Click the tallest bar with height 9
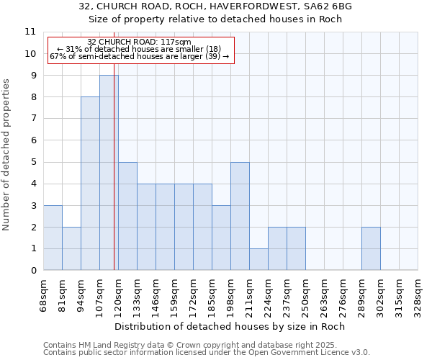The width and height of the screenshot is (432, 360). [x=109, y=173]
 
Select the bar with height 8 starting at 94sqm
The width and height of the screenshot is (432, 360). [x=90, y=184]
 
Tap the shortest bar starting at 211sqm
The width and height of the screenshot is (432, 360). [x=258, y=259]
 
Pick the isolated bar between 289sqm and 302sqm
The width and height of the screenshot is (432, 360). [x=371, y=248]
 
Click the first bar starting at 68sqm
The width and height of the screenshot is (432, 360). [x=53, y=238]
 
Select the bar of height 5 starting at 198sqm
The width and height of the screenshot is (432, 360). [x=240, y=216]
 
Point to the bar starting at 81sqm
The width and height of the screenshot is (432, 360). [x=71, y=248]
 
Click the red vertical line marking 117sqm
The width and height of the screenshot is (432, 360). [x=114, y=180]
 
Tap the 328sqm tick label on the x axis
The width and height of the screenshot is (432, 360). [x=418, y=295]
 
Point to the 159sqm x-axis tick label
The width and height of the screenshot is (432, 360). [x=175, y=295]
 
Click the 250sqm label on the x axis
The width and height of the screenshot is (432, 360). [x=306, y=295]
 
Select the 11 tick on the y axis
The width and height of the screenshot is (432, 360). [x=30, y=32]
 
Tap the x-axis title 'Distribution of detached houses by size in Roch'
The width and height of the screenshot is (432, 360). [x=230, y=326]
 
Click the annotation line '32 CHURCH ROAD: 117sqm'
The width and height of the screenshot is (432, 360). [x=139, y=42]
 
